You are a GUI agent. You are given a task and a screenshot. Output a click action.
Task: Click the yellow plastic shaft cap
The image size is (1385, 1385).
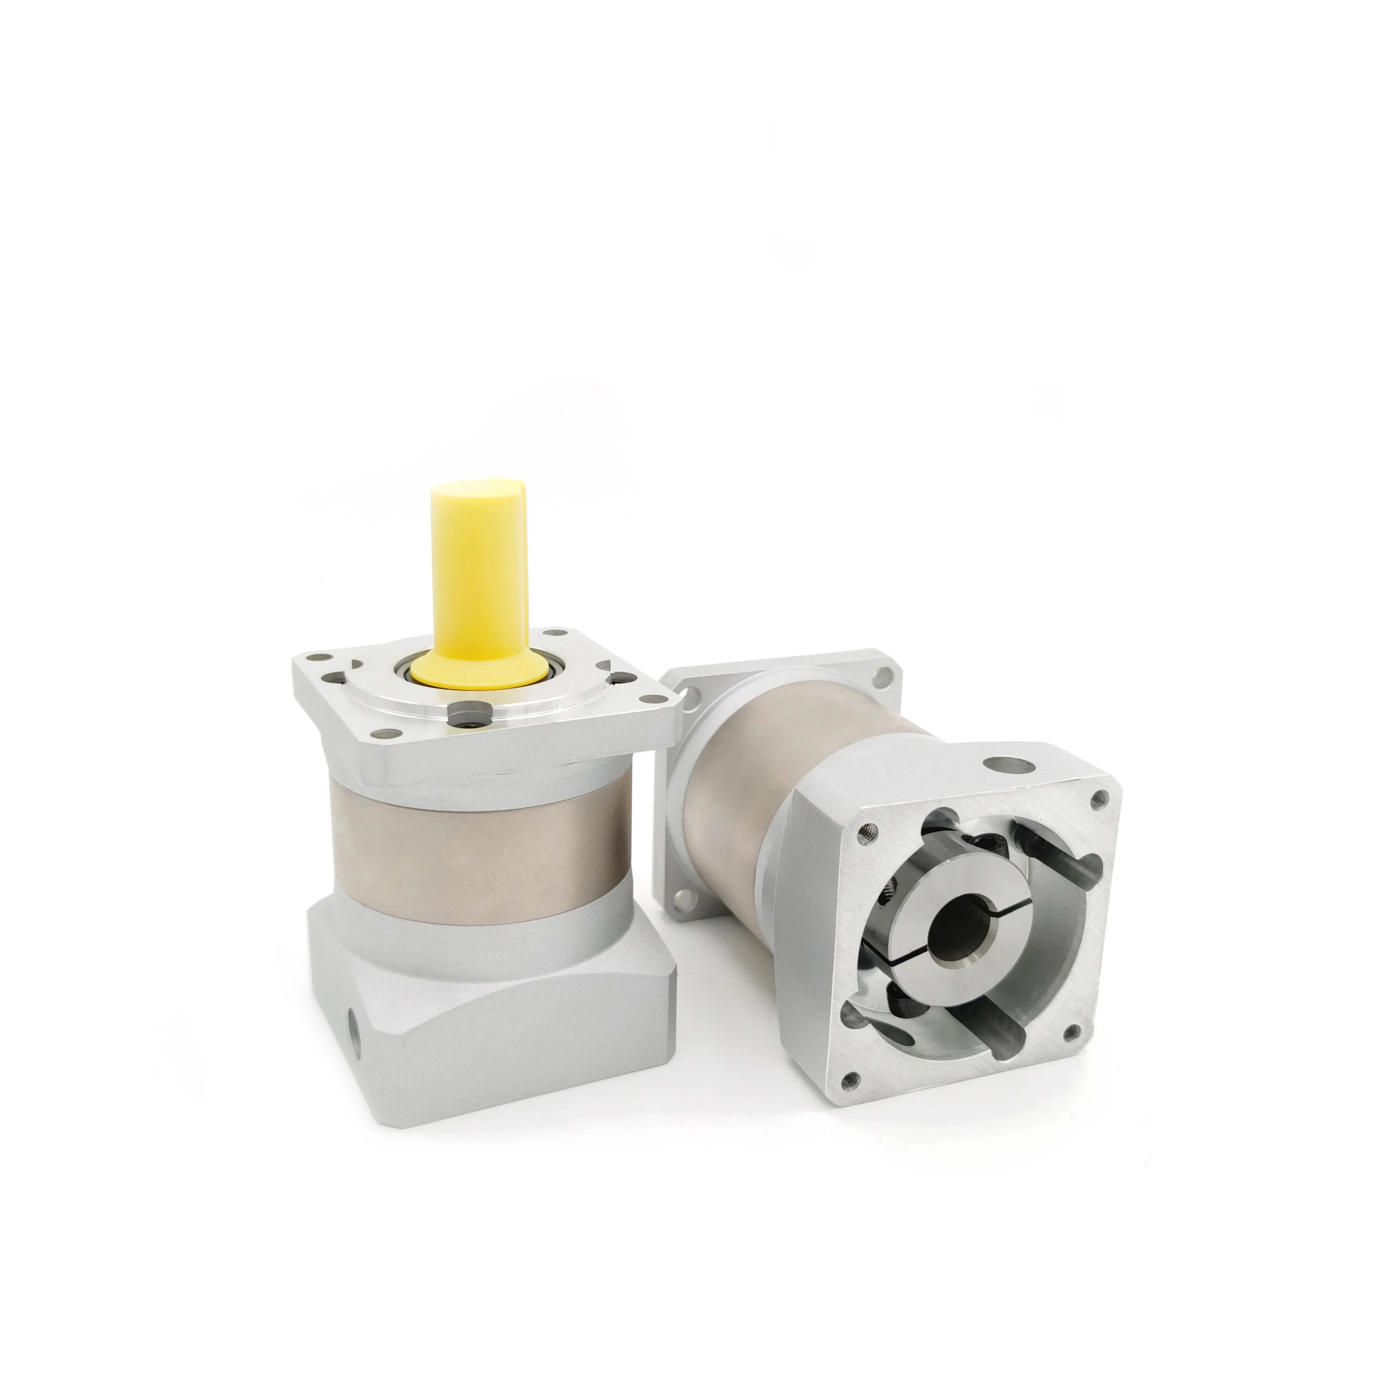point(478,566)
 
